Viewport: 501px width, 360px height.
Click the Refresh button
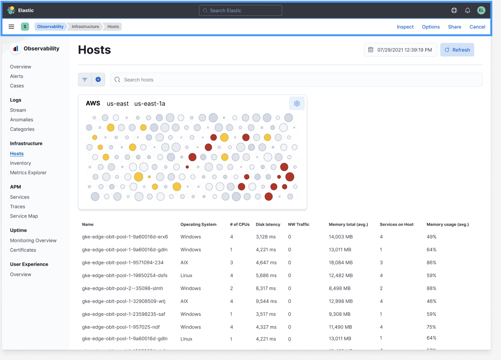point(457,50)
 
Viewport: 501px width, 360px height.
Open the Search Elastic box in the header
point(241,10)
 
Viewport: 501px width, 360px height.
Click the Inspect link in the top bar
point(405,27)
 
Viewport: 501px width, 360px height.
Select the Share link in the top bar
point(455,27)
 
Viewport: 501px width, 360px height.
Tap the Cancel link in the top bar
point(477,27)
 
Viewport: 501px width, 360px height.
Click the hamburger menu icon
point(11,27)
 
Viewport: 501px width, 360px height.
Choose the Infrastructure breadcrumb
point(85,27)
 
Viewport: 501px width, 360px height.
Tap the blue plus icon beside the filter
point(98,80)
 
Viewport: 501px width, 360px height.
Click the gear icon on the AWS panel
point(297,104)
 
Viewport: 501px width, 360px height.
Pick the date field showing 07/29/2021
point(400,50)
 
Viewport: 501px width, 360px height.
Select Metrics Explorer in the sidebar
point(28,173)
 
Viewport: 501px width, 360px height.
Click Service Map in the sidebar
point(24,216)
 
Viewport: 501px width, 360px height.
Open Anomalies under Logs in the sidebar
point(22,120)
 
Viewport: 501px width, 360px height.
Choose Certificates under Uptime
point(23,250)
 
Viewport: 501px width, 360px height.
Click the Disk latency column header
point(268,225)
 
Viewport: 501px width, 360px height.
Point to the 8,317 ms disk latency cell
point(266,288)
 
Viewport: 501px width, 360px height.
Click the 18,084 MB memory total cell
point(341,263)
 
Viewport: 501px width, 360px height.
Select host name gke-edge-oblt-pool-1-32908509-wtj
point(123,301)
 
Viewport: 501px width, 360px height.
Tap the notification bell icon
point(468,10)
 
